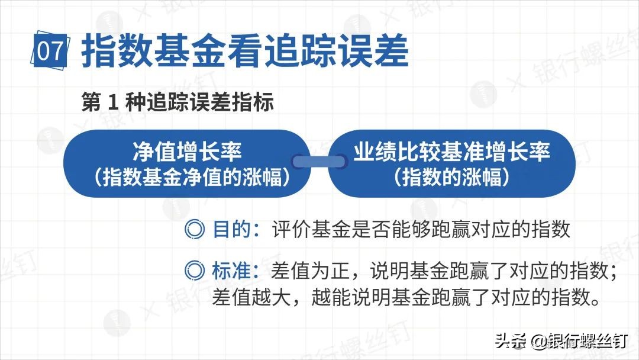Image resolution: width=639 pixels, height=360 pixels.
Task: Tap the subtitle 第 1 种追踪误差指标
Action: (x=178, y=102)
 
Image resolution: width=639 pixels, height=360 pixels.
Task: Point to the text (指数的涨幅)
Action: (x=452, y=177)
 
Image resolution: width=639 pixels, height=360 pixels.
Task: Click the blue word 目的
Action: (x=231, y=229)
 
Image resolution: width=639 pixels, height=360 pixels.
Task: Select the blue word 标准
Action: (x=231, y=271)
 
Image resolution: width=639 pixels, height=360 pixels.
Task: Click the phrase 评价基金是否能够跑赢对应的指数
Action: (x=421, y=229)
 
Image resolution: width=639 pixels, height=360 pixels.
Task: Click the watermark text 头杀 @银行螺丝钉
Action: (x=560, y=342)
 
